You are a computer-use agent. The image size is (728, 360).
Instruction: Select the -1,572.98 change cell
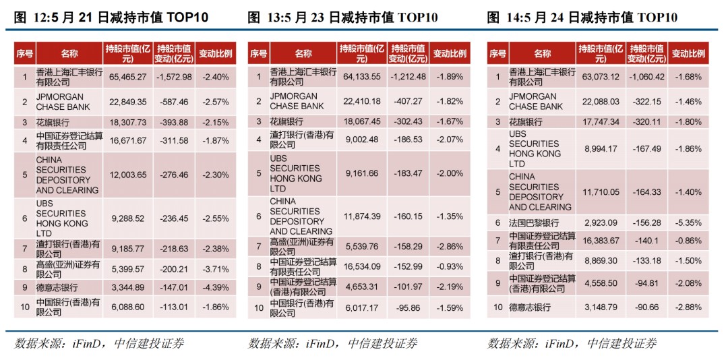coord(173,78)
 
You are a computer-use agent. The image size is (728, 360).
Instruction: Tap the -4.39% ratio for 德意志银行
coord(215,288)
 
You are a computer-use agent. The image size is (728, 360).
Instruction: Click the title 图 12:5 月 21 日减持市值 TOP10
coord(111,18)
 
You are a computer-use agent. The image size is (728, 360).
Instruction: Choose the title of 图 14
coord(582,18)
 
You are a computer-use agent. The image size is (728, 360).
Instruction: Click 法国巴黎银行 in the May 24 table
coord(533,223)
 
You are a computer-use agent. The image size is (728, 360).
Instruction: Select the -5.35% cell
coord(688,223)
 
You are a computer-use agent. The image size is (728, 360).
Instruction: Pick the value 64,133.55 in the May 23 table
coord(362,77)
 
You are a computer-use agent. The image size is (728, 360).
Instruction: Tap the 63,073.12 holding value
coord(600,77)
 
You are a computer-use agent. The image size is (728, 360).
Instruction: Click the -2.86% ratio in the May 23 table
coord(450,247)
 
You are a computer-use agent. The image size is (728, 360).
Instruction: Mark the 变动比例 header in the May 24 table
coord(688,53)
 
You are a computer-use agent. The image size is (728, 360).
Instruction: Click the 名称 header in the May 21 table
coord(69,53)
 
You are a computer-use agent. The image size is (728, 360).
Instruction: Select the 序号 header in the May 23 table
coord(258,53)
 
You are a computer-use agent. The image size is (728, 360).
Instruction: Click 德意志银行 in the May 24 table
coord(529,307)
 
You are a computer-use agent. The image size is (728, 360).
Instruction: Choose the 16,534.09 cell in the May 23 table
coord(362,267)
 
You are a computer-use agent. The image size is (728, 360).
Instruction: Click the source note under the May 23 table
coord(332,344)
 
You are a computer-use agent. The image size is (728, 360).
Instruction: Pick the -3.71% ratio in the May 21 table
coord(215,270)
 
